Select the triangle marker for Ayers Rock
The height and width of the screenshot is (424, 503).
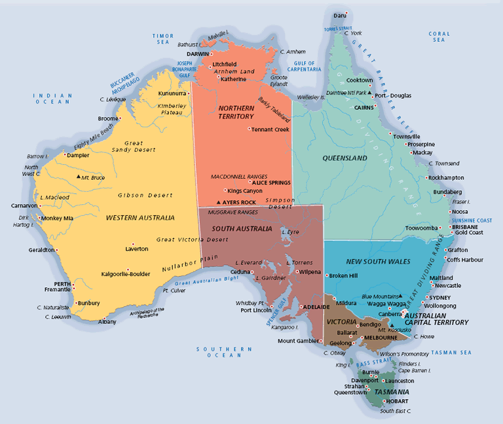tap(219, 202)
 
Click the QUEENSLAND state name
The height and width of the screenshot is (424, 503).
tap(345, 158)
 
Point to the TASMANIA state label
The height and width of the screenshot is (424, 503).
tap(382, 392)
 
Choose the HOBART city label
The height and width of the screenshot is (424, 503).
tap(397, 400)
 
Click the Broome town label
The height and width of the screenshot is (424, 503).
tap(108, 118)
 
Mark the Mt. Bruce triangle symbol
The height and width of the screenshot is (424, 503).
tap(78, 177)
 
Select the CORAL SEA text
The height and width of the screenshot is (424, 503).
tap(439, 37)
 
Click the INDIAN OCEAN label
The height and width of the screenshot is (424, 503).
tap(52, 99)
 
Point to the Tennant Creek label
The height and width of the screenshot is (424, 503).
tap(270, 130)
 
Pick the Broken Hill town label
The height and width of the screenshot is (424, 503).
tap(343, 275)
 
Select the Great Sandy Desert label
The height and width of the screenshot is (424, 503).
tap(134, 147)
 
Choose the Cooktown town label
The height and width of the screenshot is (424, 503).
tap(360, 80)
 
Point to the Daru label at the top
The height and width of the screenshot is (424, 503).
tap(339, 14)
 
